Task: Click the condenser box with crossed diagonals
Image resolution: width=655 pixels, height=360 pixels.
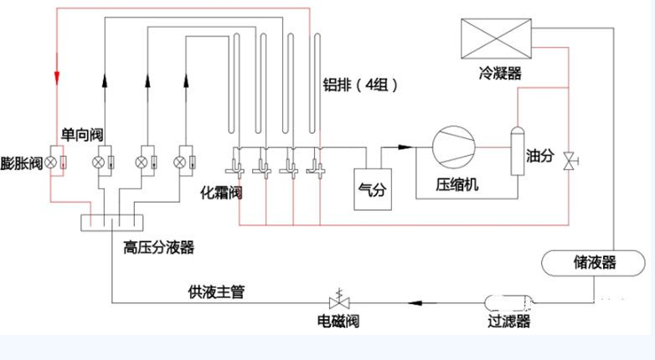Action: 496,39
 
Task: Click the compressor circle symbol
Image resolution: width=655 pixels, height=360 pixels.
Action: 454,147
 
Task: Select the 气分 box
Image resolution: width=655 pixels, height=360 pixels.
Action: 373,189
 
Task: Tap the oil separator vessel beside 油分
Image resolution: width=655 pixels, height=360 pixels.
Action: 518,152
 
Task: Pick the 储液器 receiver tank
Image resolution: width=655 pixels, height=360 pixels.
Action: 593,263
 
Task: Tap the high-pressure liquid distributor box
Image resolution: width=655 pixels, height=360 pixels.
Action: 112,223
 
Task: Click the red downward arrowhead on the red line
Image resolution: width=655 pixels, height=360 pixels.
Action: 57,78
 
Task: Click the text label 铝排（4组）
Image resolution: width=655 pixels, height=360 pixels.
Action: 360,85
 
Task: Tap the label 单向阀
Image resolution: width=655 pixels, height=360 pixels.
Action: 82,135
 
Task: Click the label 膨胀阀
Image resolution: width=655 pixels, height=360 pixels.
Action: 21,163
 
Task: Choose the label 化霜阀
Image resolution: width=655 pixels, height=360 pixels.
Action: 221,193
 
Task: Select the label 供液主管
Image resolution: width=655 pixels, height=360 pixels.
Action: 216,291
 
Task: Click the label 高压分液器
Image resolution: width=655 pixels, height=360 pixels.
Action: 159,248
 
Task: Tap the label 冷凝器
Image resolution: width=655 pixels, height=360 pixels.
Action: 500,74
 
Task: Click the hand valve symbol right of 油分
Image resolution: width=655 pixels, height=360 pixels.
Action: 570,161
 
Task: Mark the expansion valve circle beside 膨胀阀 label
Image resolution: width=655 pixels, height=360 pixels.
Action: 50,162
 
